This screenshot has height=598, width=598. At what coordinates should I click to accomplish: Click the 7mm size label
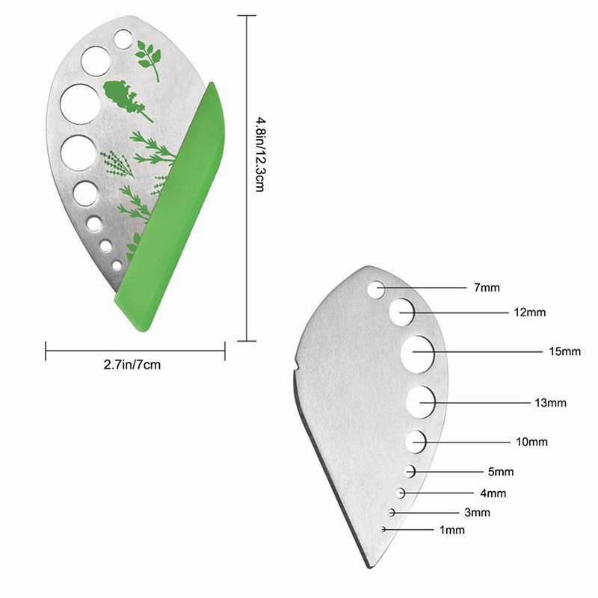(x=486, y=287)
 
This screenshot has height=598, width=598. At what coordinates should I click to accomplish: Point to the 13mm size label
(x=551, y=403)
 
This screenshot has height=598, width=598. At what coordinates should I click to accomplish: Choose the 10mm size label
(x=531, y=442)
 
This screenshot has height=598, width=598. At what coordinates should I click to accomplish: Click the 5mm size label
(x=501, y=472)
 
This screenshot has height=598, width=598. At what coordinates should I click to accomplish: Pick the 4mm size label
(x=493, y=493)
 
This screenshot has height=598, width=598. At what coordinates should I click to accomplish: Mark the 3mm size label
(x=477, y=513)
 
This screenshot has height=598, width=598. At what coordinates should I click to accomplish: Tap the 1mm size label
(x=451, y=530)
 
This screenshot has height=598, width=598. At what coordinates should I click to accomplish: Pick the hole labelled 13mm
(x=422, y=402)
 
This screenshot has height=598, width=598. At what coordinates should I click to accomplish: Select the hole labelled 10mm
(x=417, y=441)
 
